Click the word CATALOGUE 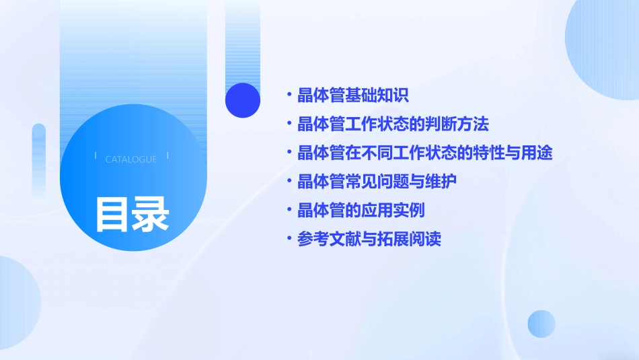pos(131,159)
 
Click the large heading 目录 pos(132,215)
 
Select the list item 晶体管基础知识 pos(352,96)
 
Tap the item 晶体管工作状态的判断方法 pos(393,124)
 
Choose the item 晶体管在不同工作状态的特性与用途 pos(424,153)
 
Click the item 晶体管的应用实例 pos(361,211)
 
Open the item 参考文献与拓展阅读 pos(369,239)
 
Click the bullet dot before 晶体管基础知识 pos(289,96)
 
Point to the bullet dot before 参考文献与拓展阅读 pos(289,239)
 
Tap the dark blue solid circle pos(243,100)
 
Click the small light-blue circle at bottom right pos(541,324)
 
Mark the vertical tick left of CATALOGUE pos(96,156)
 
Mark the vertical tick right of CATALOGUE pos(167,156)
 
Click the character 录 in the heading pos(151,215)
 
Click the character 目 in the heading pos(112,215)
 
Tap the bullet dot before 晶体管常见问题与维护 pos(289,182)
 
